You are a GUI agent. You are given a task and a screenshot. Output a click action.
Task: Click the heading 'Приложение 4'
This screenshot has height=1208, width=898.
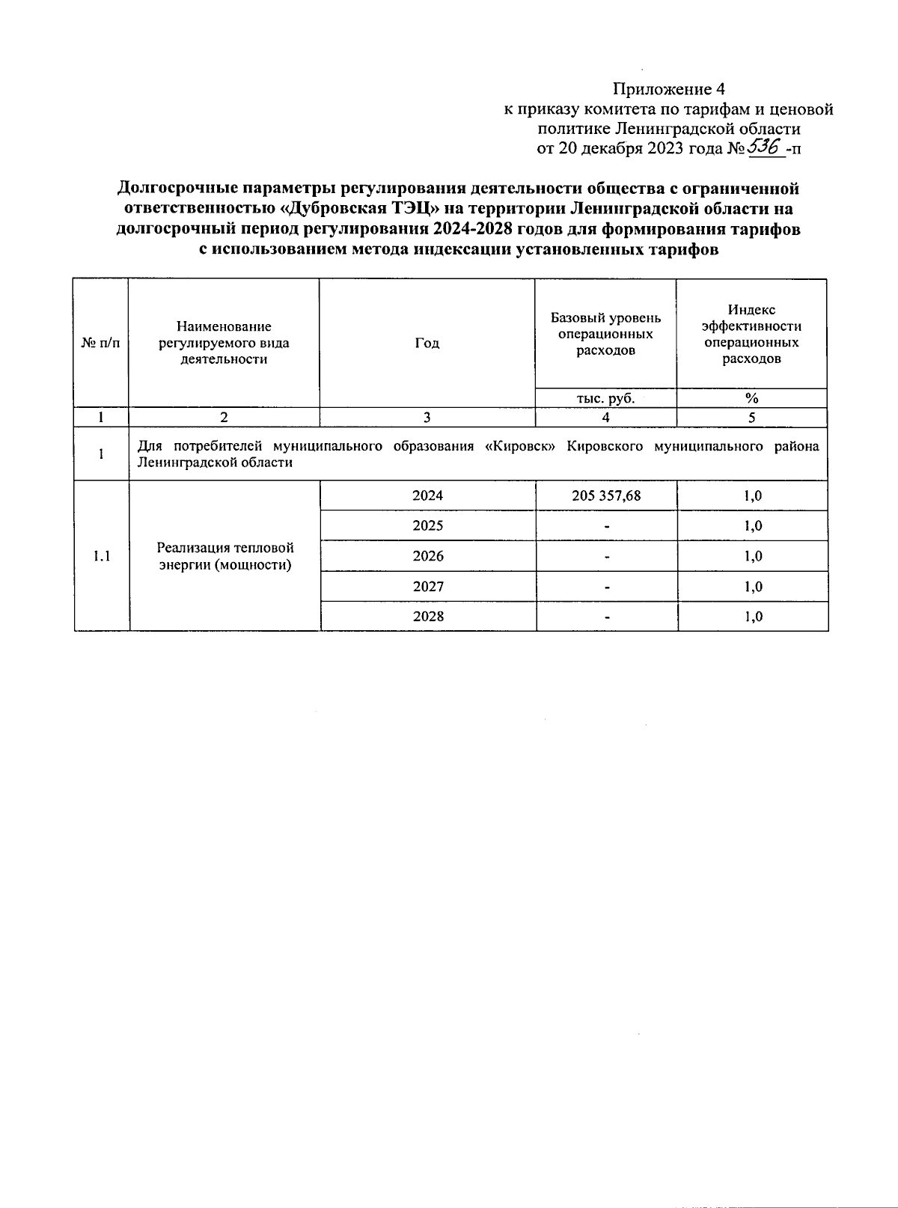point(669,90)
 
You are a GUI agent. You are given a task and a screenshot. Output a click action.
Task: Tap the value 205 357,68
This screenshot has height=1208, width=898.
point(606,495)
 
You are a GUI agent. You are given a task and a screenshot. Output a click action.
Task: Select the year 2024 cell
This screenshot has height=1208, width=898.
point(427,495)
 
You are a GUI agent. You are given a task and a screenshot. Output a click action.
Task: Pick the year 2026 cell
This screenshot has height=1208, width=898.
point(427,556)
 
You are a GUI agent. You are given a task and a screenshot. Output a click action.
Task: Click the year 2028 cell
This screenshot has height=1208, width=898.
point(427,616)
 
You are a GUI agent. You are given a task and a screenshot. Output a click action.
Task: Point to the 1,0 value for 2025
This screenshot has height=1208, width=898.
point(752,525)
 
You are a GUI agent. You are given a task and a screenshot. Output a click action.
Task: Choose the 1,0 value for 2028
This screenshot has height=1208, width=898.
point(752,616)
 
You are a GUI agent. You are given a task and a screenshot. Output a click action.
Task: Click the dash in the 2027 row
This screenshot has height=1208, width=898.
point(606,587)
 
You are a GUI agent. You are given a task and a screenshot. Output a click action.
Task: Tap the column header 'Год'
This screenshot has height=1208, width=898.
point(427,343)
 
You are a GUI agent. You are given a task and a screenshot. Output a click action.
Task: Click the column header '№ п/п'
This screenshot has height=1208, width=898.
point(100,343)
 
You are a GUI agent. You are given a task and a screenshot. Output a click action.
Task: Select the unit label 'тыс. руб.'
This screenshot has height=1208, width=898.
point(605,398)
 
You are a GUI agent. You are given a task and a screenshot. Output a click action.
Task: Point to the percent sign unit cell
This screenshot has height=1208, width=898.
point(751,398)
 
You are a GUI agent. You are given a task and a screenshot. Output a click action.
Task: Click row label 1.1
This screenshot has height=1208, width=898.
point(101,556)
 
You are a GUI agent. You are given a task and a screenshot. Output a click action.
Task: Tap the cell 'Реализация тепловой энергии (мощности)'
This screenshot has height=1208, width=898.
point(224,556)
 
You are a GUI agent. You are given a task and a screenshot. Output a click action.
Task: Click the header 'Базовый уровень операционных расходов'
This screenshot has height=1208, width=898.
point(605,334)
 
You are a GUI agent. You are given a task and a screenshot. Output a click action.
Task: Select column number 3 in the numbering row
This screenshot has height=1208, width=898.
point(427,418)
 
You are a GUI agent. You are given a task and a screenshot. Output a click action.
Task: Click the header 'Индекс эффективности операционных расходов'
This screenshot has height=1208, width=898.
point(751,334)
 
